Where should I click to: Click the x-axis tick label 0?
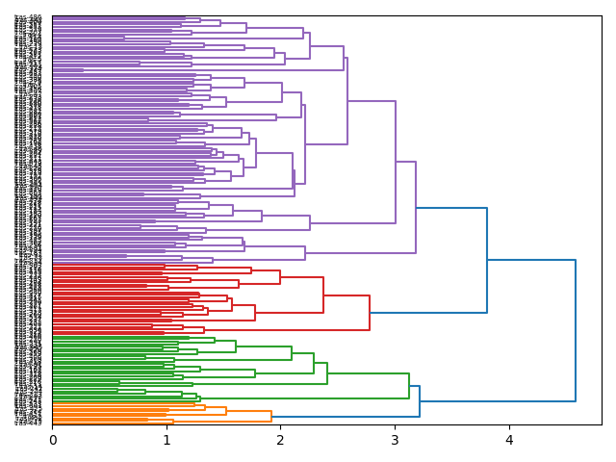(53, 440)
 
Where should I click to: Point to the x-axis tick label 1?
(167, 440)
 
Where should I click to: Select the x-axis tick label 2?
(281, 440)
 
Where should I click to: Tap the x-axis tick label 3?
(395, 440)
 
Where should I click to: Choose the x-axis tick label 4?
(509, 440)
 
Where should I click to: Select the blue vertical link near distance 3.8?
(487, 260)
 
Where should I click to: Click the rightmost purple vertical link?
(416, 207)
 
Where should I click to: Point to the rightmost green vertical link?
(409, 386)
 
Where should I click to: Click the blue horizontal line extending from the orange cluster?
(346, 417)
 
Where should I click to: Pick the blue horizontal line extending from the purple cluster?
(451, 208)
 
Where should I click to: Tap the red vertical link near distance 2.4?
(323, 295)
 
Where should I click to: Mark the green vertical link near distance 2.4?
(327, 373)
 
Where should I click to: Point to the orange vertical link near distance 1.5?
(226, 411)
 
